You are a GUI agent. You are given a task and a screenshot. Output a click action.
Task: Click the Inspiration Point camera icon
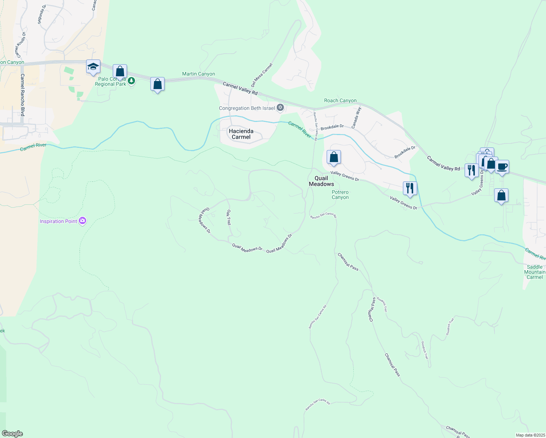[x=83, y=221]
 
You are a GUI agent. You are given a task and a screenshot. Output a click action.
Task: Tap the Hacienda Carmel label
[x=241, y=134]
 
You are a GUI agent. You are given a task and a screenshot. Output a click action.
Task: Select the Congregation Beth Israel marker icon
[x=280, y=107]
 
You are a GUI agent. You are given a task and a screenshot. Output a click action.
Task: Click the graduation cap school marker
[x=93, y=67]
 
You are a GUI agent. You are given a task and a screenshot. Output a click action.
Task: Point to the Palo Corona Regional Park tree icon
[x=131, y=81]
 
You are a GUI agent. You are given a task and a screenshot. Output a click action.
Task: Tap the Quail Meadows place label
[x=321, y=181]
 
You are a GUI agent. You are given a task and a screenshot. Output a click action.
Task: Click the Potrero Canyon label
[x=340, y=195]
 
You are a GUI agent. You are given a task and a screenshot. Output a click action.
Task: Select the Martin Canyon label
[x=199, y=74]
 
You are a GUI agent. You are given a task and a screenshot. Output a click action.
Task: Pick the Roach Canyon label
[x=340, y=100]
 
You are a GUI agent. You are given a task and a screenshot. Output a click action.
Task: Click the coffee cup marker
[x=502, y=167]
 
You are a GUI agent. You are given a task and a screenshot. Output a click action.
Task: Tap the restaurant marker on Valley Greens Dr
[x=410, y=188]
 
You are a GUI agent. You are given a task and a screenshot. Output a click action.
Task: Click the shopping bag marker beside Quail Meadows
[x=334, y=157]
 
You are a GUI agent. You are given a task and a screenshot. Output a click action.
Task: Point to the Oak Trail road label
[x=229, y=217]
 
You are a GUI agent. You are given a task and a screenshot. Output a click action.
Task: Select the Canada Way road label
[x=356, y=117]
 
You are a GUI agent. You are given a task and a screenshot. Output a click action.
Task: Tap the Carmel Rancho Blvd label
[x=23, y=95]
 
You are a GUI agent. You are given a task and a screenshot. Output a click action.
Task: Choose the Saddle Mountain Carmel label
[x=535, y=272]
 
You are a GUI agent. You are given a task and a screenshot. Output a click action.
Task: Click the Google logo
[x=12, y=434]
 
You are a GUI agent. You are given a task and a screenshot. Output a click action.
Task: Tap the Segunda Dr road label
[x=42, y=15]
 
